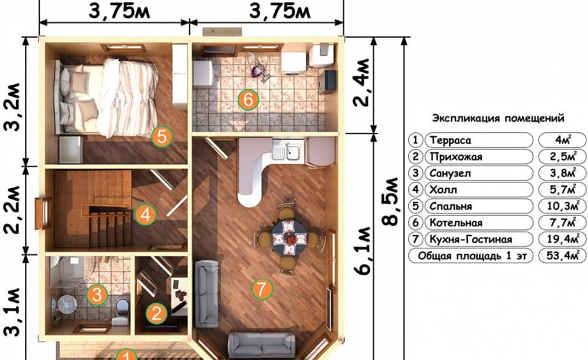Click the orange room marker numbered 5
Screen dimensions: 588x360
click(x=162, y=137)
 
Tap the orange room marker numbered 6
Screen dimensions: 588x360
click(x=248, y=100)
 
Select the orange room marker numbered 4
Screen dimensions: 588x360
click(x=145, y=215)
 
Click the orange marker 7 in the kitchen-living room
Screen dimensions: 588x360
click(x=261, y=289)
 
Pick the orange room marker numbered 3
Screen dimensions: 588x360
click(x=96, y=294)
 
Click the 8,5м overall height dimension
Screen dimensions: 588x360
click(x=390, y=201)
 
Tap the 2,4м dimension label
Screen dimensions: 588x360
click(x=361, y=83)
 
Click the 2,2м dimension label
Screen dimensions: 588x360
click(x=12, y=209)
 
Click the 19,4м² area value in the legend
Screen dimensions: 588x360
click(x=562, y=239)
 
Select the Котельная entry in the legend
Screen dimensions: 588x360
click(x=456, y=223)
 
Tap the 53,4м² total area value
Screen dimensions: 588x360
click(x=562, y=256)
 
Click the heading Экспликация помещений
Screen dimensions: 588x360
click(x=498, y=118)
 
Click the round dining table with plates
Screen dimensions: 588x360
click(x=289, y=238)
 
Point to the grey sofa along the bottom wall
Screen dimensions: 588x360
click(x=261, y=344)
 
